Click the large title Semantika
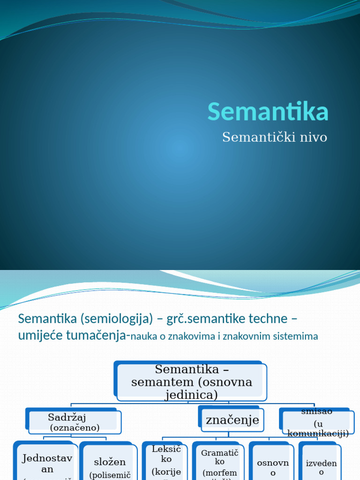coord(268,112)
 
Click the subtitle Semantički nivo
coord(274,137)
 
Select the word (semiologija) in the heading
coord(117,319)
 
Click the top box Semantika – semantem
coord(191,382)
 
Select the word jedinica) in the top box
coord(191,395)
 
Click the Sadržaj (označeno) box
coord(75,422)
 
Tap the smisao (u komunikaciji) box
coord(317,422)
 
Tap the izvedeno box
coord(321,464)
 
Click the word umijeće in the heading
coord(41,336)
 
